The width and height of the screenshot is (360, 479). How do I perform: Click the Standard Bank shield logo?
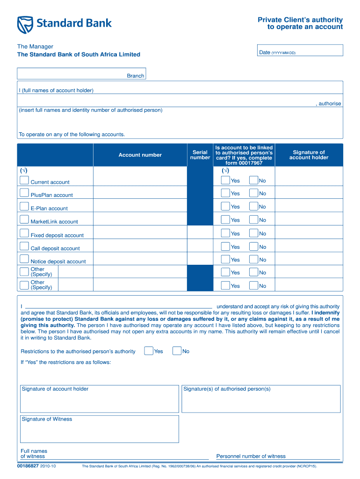pos(26,24)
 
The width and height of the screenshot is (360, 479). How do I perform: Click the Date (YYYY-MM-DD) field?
pos(301,51)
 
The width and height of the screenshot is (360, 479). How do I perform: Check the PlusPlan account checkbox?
pos(24,193)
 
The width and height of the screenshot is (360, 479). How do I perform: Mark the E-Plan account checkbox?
pos(24,206)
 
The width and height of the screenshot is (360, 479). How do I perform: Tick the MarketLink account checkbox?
pos(24,219)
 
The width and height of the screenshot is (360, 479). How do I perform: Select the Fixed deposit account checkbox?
pos(24,233)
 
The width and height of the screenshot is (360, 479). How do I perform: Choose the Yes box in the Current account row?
pos(225,180)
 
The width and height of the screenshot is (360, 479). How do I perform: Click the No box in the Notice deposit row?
pos(253,260)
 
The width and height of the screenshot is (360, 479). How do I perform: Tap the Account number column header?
pos(140,155)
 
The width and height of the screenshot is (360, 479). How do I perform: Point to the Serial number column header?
pos(200,155)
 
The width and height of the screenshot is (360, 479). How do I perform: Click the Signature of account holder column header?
pos(309,155)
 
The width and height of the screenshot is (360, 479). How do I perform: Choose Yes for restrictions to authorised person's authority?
pos(149,351)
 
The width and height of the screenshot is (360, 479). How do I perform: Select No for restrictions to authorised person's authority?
pos(177,351)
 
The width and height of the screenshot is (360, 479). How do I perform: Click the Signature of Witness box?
pos(99,429)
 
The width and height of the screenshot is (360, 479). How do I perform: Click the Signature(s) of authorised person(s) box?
pos(260,399)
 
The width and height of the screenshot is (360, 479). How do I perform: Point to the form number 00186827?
pos(28,466)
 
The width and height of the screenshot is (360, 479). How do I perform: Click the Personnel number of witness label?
pos(251,456)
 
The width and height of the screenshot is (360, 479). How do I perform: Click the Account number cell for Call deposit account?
pos(140,246)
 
